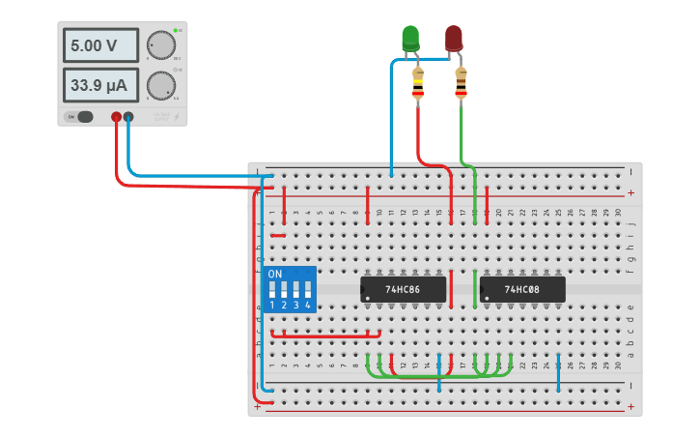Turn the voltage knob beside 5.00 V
[x=160, y=45]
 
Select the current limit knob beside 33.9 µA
[x=160, y=87]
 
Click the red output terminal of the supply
[x=116, y=117]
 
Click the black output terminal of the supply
[x=128, y=117]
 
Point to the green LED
[x=410, y=38]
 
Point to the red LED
[x=453, y=38]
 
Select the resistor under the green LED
[x=418, y=85]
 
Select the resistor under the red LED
[x=461, y=85]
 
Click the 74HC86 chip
[x=404, y=289]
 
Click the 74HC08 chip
[x=522, y=289]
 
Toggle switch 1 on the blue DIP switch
[x=273, y=290]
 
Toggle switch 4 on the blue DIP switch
[x=308, y=290]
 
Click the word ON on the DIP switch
[x=275, y=274]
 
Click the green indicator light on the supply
[x=175, y=31]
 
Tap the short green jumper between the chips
[x=475, y=289]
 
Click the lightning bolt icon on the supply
[x=176, y=116]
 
